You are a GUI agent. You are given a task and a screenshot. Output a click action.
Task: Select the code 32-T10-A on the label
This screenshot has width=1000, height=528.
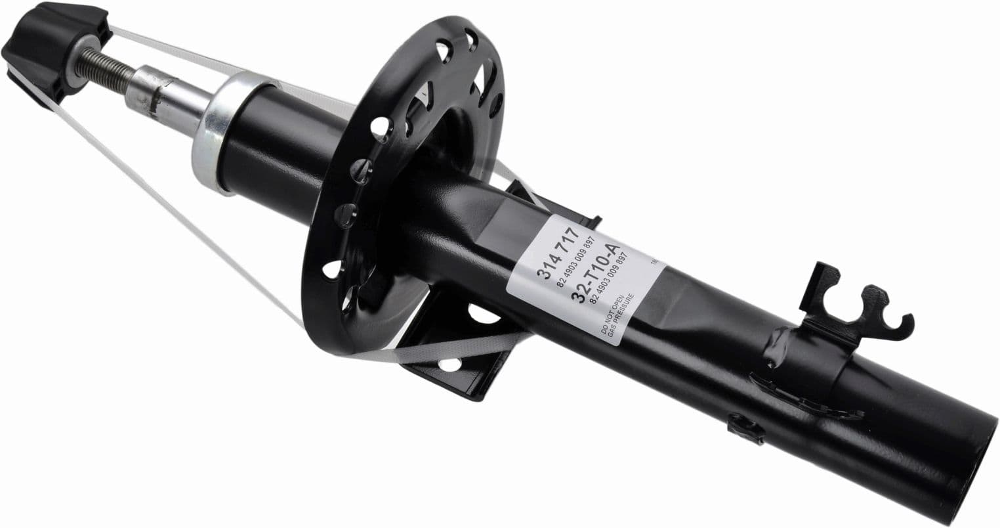597,273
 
